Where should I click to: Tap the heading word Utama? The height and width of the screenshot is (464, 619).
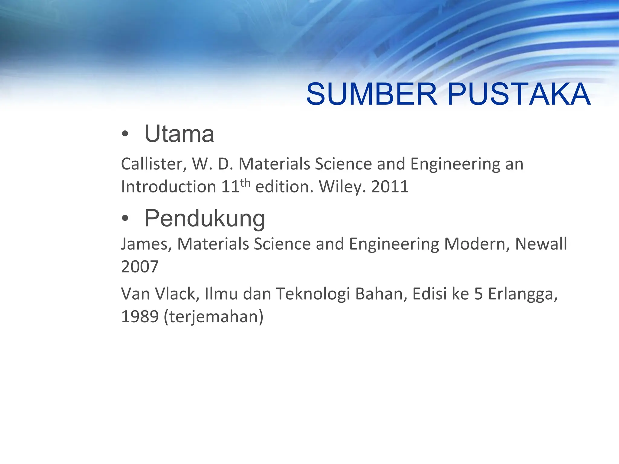coord(179,134)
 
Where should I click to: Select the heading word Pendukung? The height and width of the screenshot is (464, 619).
coord(205,219)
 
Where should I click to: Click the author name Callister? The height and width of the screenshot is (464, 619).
coord(154,164)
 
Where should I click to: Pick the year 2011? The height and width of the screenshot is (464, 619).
coord(390,187)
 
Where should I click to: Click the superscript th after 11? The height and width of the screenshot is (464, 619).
coord(245,183)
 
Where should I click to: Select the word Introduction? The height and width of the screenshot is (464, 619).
coord(168,187)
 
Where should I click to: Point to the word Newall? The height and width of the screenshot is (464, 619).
coord(541,244)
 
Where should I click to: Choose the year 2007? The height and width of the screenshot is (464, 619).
coord(140,267)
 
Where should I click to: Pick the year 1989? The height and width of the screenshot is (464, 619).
coord(140,317)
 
